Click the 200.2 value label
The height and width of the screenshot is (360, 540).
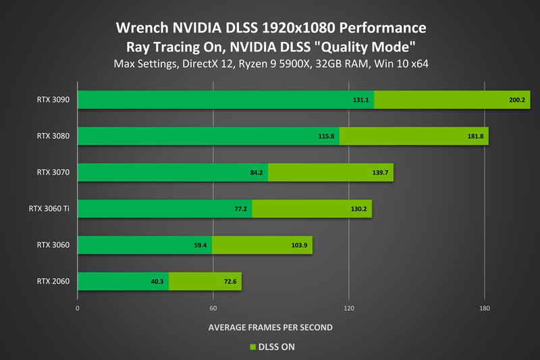click(x=517, y=100)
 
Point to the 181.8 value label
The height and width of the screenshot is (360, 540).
click(x=475, y=136)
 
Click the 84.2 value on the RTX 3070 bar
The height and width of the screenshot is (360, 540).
click(x=256, y=173)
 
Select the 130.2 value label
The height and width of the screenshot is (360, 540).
click(x=358, y=209)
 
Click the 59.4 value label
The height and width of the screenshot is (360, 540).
click(x=200, y=245)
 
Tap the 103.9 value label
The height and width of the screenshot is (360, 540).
click(x=299, y=245)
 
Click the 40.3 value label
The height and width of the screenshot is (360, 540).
click(x=157, y=282)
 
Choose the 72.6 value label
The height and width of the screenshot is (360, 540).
click(x=229, y=282)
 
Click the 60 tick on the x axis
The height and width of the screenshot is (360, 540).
click(x=213, y=308)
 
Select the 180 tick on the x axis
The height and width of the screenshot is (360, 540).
click(x=484, y=308)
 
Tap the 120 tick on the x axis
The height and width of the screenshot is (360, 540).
click(x=348, y=308)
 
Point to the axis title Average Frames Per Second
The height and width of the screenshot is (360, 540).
click(x=270, y=328)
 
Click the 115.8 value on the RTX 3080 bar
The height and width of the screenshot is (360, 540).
click(x=327, y=136)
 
